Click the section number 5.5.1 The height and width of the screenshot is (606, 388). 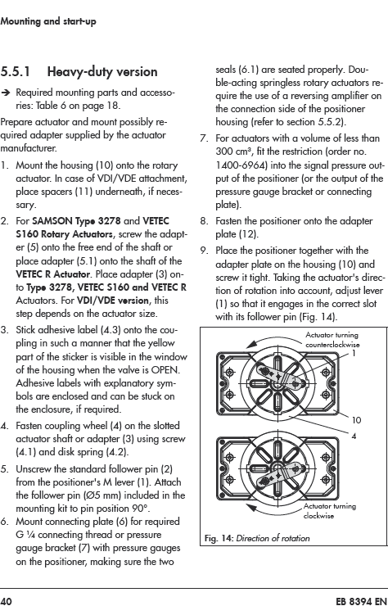[x=15, y=72]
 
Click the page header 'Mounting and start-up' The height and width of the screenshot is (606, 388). [x=48, y=21]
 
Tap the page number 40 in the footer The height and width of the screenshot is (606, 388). [x=7, y=601]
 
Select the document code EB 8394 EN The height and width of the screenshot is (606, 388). [x=361, y=601]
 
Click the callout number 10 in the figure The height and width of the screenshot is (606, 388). [x=356, y=420]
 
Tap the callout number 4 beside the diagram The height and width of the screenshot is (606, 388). [x=354, y=436]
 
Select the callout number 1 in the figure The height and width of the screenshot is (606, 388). [x=354, y=353]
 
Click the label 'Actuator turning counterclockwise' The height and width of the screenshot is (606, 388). [x=332, y=340]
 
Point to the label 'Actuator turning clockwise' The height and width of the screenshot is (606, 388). [x=330, y=510]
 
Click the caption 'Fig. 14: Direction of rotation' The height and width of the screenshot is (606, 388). [x=257, y=538]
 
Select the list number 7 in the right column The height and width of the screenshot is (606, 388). [x=204, y=138]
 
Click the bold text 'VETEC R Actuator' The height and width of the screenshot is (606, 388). [x=53, y=274]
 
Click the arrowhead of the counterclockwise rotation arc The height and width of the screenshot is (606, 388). [x=250, y=344]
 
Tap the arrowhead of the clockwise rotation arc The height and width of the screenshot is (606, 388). [x=250, y=507]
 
